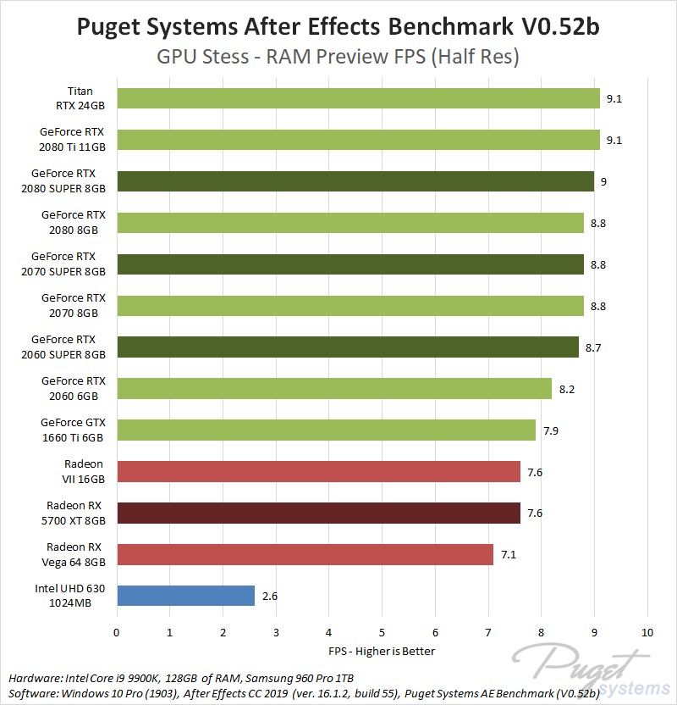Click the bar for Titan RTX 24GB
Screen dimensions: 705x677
click(358, 98)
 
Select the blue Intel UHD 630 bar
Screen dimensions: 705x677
click(185, 596)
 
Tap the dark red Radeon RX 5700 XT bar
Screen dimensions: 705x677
click(318, 513)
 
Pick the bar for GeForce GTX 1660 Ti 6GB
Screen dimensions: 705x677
click(326, 430)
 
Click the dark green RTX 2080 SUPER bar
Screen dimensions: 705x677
click(355, 181)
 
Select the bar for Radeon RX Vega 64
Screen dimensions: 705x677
click(305, 555)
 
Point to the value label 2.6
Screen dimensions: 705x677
click(270, 597)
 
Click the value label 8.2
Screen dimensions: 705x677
click(567, 389)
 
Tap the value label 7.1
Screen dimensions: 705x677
click(509, 555)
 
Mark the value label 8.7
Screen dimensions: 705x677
click(593, 347)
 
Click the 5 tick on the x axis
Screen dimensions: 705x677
click(382, 632)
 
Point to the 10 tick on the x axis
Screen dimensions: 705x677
click(647, 632)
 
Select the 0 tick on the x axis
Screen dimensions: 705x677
click(117, 632)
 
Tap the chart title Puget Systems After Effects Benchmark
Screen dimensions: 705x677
click(338, 26)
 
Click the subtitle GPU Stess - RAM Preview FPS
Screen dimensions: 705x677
click(338, 57)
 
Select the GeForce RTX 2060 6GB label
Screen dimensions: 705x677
click(73, 389)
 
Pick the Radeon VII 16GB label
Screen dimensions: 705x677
click(84, 472)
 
